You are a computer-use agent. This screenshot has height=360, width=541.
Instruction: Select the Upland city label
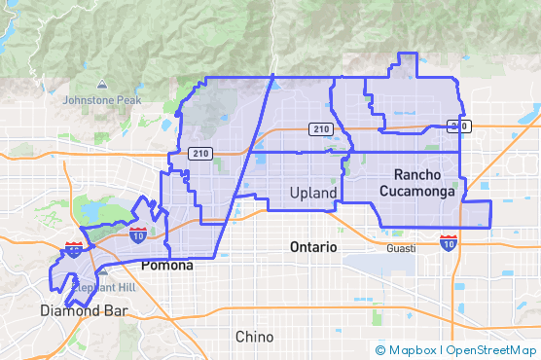[313, 194]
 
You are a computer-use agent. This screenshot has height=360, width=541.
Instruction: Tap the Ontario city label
[313, 247]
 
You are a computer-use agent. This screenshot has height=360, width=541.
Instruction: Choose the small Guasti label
[400, 248]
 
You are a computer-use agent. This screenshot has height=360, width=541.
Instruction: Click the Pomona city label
[166, 265]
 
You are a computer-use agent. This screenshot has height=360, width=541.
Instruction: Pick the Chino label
[254, 337]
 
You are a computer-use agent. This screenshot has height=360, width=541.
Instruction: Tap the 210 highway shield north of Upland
[319, 129]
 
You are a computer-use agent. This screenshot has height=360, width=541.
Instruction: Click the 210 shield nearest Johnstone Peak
[200, 153]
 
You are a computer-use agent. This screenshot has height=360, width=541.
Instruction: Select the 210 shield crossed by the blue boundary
[458, 126]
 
